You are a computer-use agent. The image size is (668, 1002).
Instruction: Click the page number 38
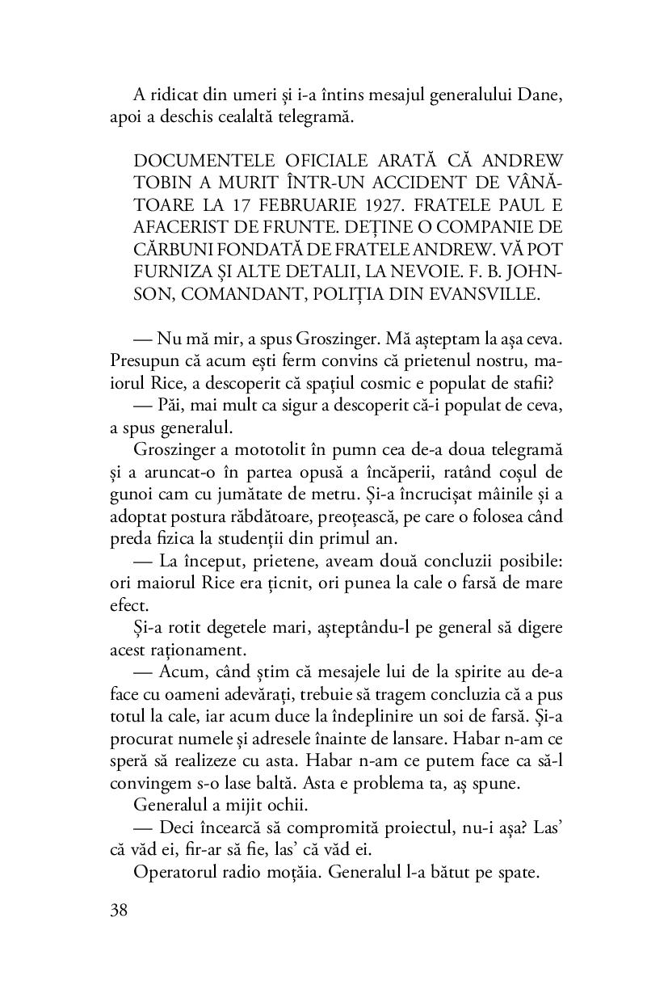[x=120, y=911]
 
